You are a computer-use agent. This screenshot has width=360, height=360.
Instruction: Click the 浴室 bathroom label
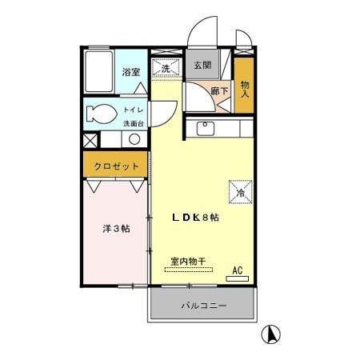pos(131,72)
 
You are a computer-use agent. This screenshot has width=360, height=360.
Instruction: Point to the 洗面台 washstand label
pos(133,123)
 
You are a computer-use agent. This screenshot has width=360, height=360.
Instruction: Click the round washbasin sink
pos(134,139)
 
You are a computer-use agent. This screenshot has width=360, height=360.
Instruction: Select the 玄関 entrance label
pos(202,66)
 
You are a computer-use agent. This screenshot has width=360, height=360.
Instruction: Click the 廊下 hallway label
pos(219,92)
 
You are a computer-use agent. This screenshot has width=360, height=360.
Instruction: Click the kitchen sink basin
pos(204,127)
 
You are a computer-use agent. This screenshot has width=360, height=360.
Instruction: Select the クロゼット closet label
pos(117,166)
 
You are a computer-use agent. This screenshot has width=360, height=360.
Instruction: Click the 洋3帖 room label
pos(116,229)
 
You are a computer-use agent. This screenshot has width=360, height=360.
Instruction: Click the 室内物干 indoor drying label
pos(188,260)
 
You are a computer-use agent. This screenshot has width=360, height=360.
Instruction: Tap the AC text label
pos(238,270)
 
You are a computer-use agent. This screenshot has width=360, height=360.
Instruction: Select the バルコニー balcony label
pos(203,306)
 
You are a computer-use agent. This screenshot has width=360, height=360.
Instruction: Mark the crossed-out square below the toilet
pos(90,139)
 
